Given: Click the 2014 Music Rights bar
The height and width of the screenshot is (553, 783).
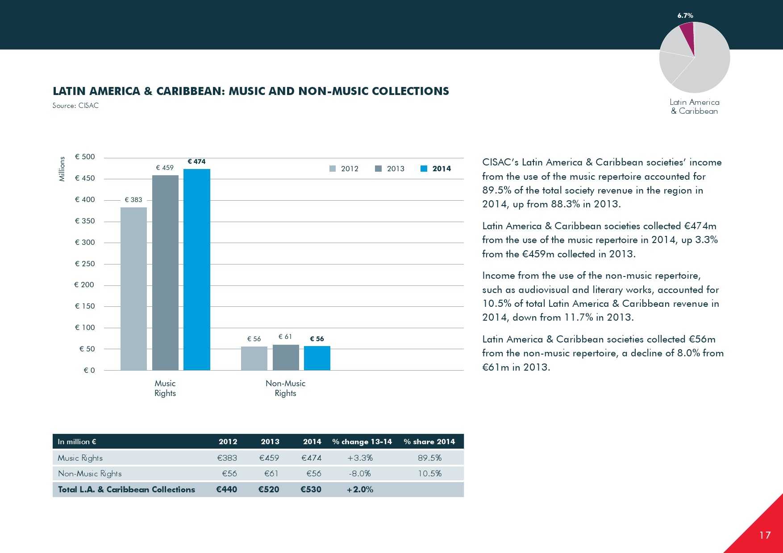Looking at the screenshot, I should (x=196, y=269).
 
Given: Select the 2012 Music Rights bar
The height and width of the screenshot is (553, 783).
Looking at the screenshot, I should (x=133, y=289).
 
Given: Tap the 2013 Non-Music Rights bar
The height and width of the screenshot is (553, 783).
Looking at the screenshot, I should (x=286, y=357).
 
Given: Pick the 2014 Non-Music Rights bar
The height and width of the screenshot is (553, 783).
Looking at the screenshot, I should (x=317, y=358).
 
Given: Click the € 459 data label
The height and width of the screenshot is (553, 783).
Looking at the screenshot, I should (x=165, y=168).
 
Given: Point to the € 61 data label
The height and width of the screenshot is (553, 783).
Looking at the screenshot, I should (x=285, y=337).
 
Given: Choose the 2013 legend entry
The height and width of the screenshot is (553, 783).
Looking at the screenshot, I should (x=390, y=169).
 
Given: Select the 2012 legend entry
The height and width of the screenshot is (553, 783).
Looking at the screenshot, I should (x=344, y=169).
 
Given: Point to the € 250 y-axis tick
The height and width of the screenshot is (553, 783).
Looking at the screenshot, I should (x=85, y=264).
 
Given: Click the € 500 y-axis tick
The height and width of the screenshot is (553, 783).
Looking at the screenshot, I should (x=85, y=157).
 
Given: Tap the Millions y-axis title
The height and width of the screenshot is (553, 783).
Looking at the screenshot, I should (x=62, y=169).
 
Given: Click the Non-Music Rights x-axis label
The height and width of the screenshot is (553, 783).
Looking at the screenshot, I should (x=285, y=388).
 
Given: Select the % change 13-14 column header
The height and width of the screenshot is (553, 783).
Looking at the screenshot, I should (x=362, y=442).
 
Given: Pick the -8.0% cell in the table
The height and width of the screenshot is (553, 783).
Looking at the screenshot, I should (x=360, y=473).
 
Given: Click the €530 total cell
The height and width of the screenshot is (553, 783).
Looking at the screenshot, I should (x=311, y=489).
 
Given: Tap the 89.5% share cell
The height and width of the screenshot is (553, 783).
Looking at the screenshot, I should (x=429, y=458).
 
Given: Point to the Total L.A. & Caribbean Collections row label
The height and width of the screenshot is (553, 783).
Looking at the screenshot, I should (x=126, y=489).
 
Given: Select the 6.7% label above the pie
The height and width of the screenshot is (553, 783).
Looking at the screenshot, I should (x=685, y=16).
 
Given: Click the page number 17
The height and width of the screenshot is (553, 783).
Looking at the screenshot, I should (x=765, y=535).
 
